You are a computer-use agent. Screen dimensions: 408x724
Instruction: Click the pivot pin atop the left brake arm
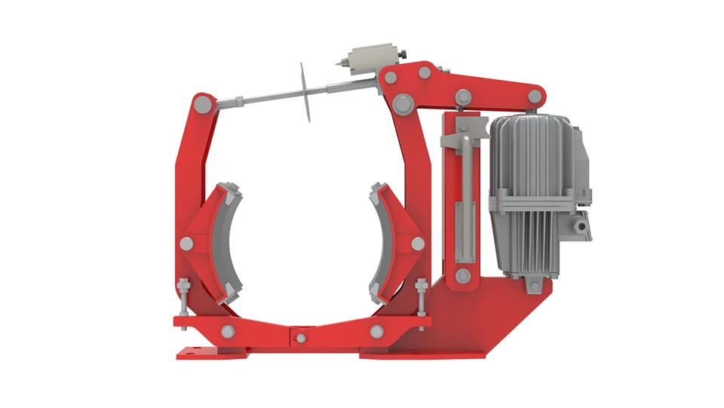click(202, 102)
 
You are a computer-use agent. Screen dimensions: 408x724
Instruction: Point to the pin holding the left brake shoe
click(186, 243)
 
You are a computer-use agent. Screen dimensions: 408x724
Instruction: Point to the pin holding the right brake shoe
click(417, 243)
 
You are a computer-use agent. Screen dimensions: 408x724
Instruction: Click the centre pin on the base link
click(301, 336)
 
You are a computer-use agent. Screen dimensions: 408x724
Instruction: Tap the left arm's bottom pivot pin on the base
click(228, 331)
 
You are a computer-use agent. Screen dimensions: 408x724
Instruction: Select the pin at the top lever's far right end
click(535, 96)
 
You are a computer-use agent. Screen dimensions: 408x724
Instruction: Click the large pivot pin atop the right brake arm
click(402, 102)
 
